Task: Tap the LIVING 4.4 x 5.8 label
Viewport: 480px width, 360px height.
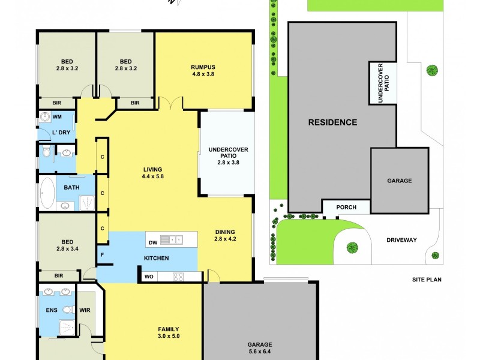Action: [x=152, y=173]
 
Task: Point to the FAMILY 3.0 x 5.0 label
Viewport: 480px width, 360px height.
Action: [x=168, y=332]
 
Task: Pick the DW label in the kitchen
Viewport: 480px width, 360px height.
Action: [x=153, y=239]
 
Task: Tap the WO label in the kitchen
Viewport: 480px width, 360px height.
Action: [x=148, y=277]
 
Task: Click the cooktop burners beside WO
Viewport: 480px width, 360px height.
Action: [x=178, y=277]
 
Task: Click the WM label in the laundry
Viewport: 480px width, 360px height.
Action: [x=58, y=116]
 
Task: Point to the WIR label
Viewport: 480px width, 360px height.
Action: [x=85, y=311]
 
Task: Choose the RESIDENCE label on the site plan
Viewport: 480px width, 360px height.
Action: [x=332, y=122]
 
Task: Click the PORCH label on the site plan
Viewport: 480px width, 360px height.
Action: [x=346, y=208]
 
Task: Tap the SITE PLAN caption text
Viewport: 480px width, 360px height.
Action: [x=427, y=280]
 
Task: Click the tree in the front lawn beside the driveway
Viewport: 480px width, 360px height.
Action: [x=351, y=247]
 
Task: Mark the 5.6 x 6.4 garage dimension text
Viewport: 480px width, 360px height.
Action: [x=260, y=352]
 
